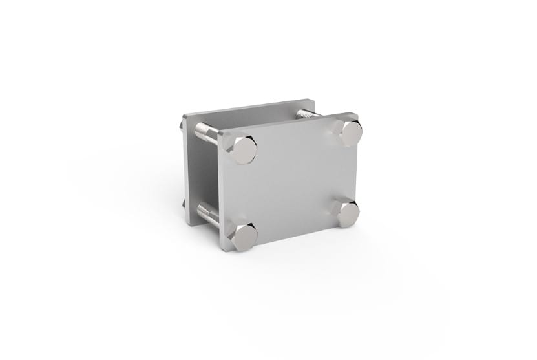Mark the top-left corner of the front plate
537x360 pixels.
click(220, 132)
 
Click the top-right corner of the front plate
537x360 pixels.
click(357, 114)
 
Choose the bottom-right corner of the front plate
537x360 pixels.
click(357, 223)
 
